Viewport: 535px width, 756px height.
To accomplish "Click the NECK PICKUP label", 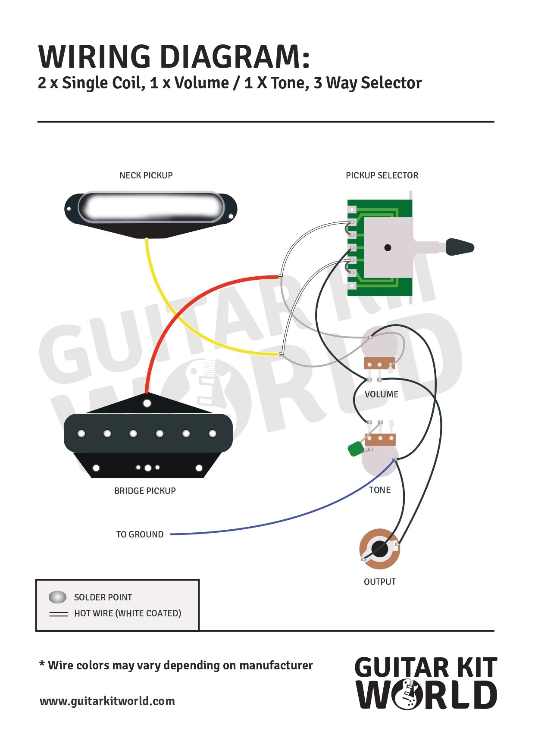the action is [x=146, y=175].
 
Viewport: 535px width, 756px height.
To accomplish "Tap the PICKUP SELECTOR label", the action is [x=382, y=175].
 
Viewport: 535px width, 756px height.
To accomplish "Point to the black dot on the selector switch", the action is [x=388, y=247].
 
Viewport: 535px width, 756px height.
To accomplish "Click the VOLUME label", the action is [x=382, y=394].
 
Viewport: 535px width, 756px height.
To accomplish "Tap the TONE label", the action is [x=380, y=490].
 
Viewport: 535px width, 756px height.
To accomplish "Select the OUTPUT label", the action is [x=380, y=582].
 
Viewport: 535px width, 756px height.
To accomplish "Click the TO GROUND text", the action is [x=140, y=534].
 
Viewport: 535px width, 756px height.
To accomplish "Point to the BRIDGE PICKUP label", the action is [x=145, y=491].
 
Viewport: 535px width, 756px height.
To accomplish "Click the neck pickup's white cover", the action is [x=151, y=207].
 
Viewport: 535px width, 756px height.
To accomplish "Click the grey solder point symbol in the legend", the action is [x=57, y=597].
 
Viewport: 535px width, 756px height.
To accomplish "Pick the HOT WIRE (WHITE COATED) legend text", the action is [x=128, y=613].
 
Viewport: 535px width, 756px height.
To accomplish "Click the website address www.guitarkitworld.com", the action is [x=107, y=701].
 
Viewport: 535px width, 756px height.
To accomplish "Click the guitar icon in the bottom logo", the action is [x=407, y=694].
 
